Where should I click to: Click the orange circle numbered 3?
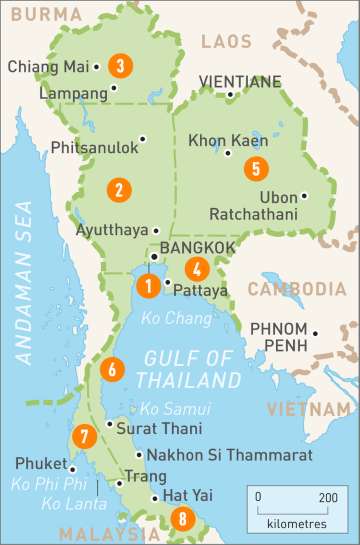[x=120, y=66]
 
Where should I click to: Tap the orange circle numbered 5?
[x=256, y=168]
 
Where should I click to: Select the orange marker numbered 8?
[x=181, y=518]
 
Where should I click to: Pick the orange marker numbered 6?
[x=112, y=369]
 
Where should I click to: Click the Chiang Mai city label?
[x=49, y=67]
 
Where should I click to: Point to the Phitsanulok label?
[x=95, y=147]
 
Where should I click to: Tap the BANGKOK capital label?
[x=191, y=247]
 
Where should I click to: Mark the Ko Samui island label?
[x=175, y=409]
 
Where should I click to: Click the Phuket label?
[x=38, y=464]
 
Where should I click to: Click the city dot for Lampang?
[x=113, y=88]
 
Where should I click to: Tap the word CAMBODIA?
[x=296, y=290]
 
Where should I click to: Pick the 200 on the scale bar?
[x=328, y=497]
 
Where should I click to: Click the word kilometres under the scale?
[x=294, y=523]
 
